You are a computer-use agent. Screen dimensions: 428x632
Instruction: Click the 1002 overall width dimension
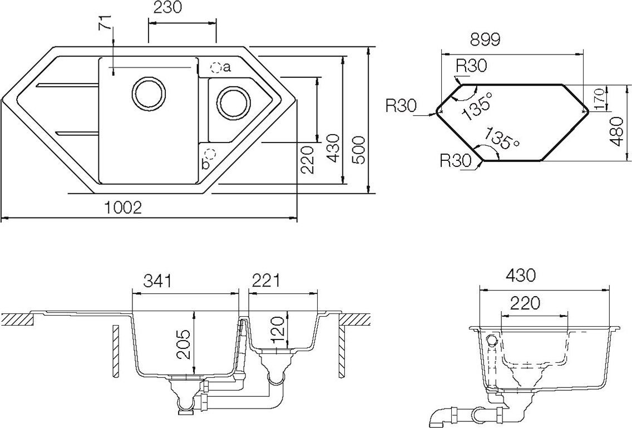coord(124,208)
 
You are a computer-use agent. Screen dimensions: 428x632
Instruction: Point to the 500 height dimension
coord(360,150)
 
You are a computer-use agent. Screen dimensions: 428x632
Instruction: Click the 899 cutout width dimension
coord(485,40)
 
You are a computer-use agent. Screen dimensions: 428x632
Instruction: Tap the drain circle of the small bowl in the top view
coord(233,102)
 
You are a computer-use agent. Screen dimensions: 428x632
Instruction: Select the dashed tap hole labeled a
coord(215,68)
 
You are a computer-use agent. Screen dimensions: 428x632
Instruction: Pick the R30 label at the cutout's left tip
coord(401,106)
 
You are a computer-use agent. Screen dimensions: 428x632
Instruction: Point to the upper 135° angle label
coord(478,107)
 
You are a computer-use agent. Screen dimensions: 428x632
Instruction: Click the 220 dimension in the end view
coord(525,303)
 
